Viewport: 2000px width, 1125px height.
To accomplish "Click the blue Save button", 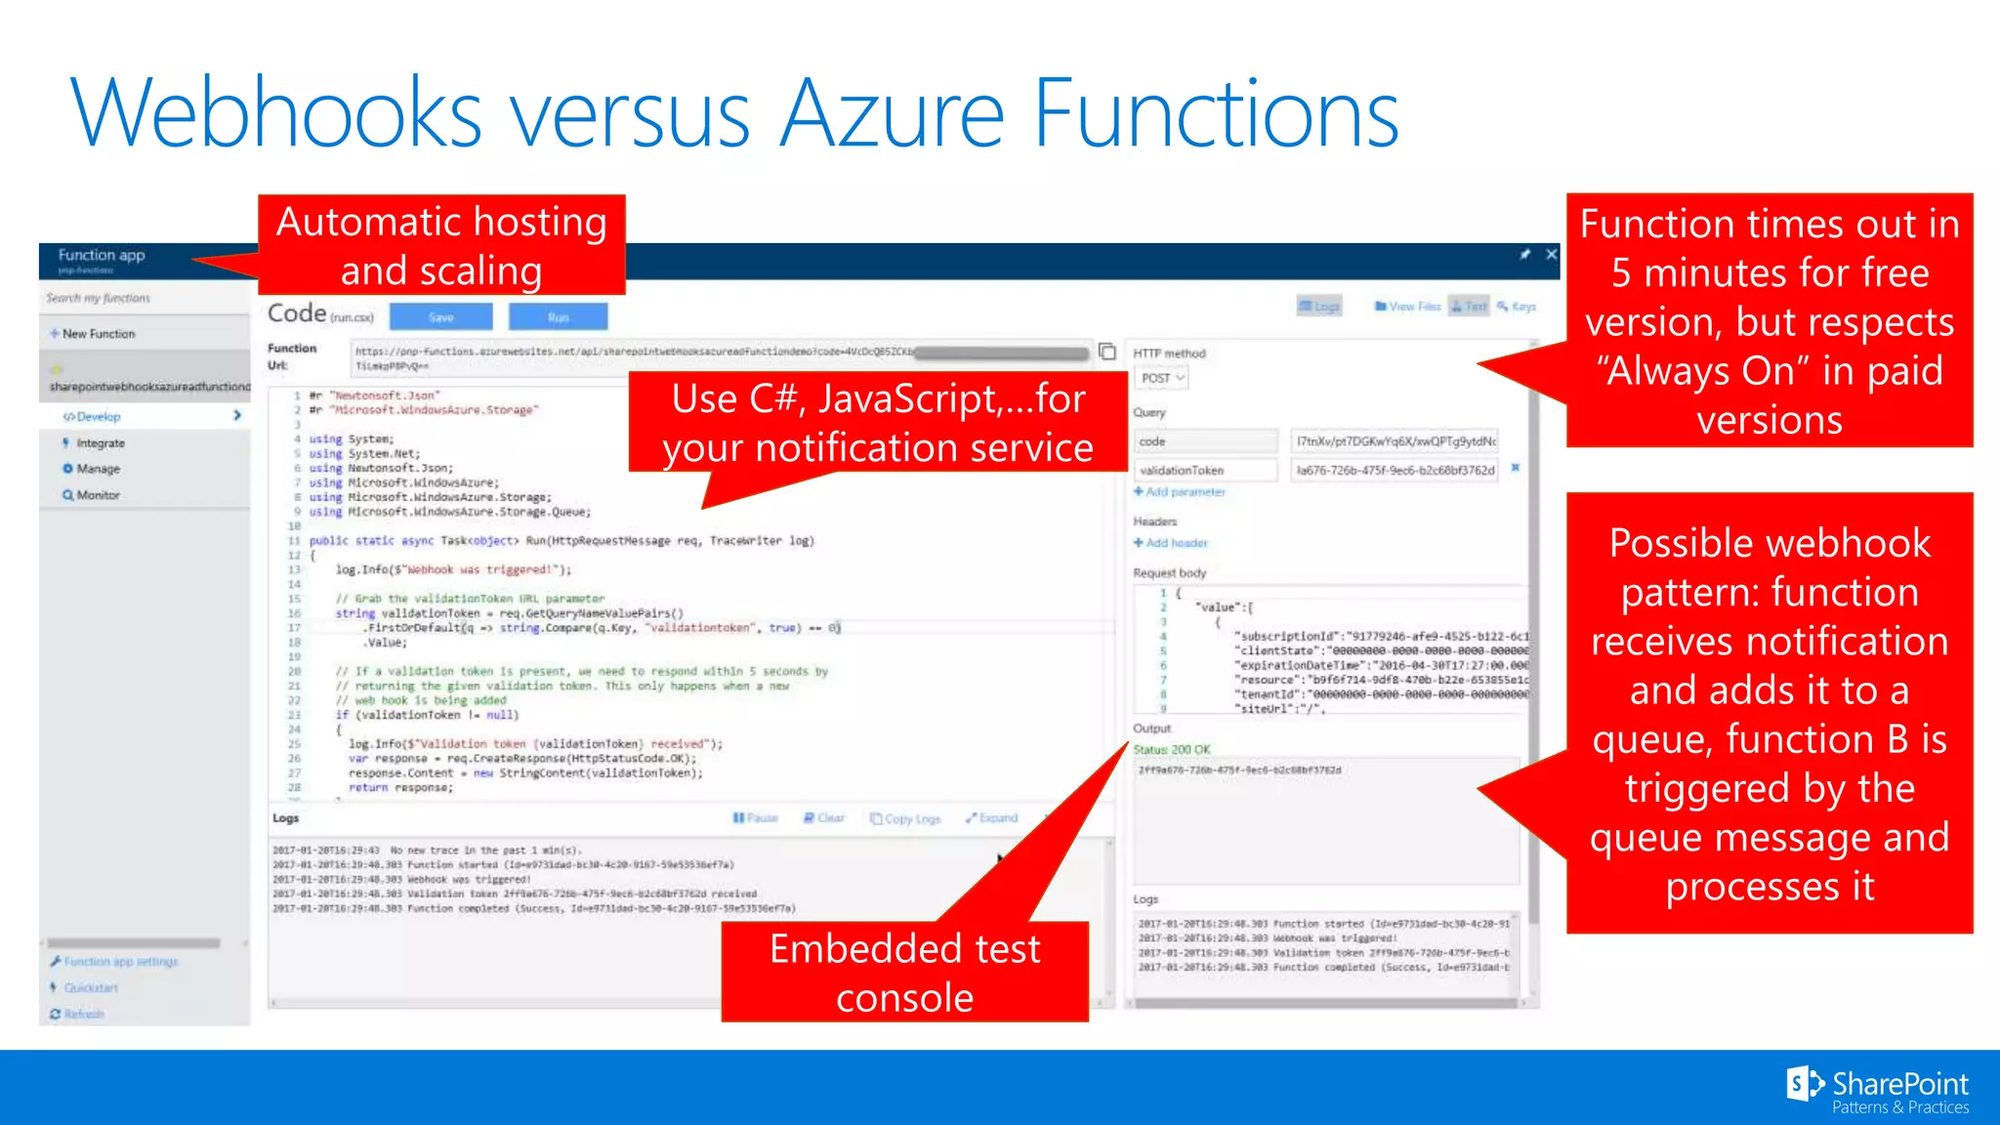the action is (440, 316).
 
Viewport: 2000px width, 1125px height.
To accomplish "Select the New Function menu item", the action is (99, 334).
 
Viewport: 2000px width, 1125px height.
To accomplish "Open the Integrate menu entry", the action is (101, 443).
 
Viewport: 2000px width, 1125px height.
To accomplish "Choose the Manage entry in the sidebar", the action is (98, 469).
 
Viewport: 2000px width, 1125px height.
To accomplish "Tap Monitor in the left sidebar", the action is (98, 495).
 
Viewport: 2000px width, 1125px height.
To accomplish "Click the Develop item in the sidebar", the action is (99, 417).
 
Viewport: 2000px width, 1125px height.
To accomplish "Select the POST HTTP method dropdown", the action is (1162, 378).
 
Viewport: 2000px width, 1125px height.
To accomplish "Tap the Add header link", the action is (1176, 543).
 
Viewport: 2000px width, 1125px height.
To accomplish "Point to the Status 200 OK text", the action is (1172, 750).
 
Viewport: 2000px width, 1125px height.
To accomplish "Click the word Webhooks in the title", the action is (276, 114).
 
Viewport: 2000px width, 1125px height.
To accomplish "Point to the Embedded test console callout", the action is (904, 972).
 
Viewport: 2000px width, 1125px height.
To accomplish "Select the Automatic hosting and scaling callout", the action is (441, 246).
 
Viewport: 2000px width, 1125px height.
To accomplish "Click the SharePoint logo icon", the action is (1803, 1084).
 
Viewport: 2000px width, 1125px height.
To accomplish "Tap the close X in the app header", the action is (1551, 255).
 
